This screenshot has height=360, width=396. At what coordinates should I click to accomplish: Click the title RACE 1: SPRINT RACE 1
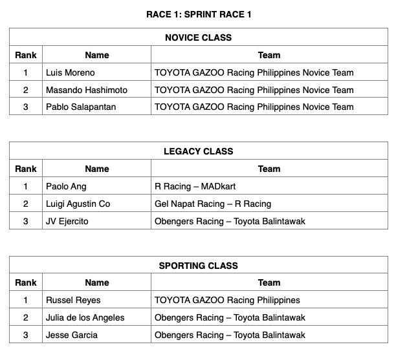(198, 15)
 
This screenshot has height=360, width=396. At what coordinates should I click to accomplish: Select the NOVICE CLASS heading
(198, 37)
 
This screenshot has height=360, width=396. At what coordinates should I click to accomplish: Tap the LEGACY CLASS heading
(198, 151)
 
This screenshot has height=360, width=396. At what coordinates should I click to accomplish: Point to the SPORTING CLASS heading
(198, 266)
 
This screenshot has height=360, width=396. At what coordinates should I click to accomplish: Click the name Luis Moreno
(70, 72)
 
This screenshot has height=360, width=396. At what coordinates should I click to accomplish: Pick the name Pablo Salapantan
(81, 107)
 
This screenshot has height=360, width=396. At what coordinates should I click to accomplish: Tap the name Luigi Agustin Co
(78, 204)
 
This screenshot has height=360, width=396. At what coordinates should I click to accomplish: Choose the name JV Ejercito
(67, 221)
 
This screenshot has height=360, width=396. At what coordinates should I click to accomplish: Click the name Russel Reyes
(73, 300)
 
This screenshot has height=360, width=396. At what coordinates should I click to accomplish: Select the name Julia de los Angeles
(85, 317)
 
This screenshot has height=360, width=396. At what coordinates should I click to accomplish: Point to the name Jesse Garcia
(72, 335)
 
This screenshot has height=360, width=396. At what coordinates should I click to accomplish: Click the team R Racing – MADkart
(195, 186)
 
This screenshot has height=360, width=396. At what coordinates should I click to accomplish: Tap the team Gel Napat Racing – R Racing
(213, 204)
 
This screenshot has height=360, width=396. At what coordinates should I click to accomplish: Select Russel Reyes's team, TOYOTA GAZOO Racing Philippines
(227, 300)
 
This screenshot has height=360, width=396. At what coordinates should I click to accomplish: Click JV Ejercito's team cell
(230, 221)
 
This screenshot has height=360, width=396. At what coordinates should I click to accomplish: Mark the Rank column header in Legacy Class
(26, 169)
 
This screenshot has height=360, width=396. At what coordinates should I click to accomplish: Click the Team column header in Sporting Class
(269, 282)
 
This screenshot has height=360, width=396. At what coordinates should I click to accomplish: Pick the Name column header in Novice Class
(96, 55)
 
